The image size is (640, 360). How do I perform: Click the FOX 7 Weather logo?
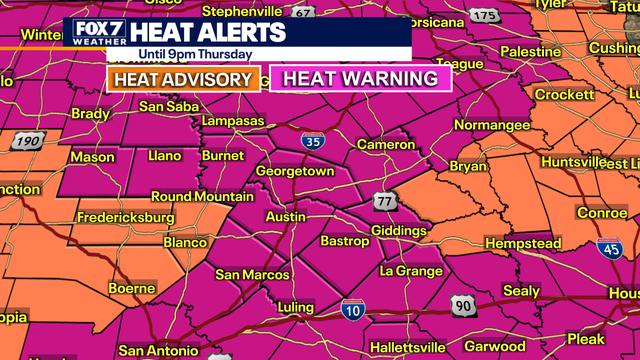point(98,34)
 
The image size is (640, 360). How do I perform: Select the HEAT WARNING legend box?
point(361,79)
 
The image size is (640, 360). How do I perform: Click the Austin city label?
point(287,216)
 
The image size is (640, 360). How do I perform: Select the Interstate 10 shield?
point(351,309)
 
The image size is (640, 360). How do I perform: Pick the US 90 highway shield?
point(463,303)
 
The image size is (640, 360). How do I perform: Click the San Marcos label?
point(253,275)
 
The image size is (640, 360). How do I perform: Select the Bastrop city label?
point(345,242)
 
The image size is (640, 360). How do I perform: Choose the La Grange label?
point(411,271)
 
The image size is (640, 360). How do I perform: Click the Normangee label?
point(493,126)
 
